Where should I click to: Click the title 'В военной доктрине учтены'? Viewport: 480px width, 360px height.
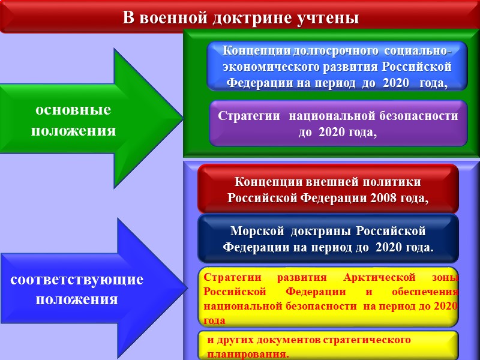[x=240, y=17]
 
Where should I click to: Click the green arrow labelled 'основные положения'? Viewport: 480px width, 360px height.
[x=90, y=120]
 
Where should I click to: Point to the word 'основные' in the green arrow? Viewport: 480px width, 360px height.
[x=73, y=111]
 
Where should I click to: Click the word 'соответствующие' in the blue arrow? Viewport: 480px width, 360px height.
[x=77, y=280]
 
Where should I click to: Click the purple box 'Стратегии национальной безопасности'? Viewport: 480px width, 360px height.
[x=338, y=124]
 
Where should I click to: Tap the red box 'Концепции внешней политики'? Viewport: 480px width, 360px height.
[x=328, y=189]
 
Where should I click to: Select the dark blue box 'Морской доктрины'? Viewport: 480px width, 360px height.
[x=328, y=238]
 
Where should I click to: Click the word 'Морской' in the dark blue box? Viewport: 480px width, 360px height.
[x=253, y=231]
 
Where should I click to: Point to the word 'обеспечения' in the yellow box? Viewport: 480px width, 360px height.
[x=430, y=292]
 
